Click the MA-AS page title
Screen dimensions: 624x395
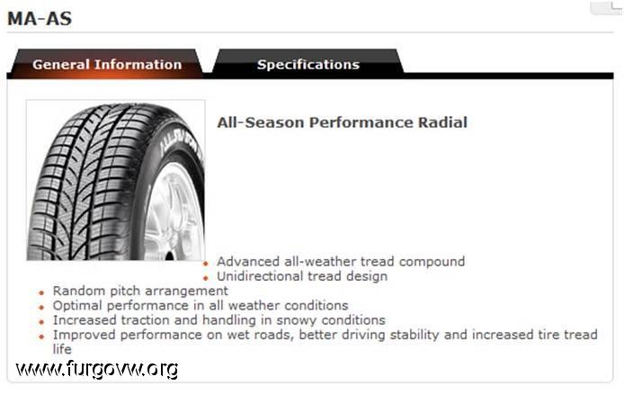coord(40,19)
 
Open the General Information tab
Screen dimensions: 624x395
coord(107,64)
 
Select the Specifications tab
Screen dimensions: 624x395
coord(308,64)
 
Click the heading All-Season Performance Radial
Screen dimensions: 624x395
coord(343,122)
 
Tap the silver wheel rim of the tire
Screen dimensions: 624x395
coord(175,211)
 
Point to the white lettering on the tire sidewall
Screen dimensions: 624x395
coord(181,145)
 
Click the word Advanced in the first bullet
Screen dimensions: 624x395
coord(248,262)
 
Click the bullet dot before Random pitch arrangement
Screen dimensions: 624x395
coord(41,293)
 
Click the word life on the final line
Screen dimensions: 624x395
coord(62,349)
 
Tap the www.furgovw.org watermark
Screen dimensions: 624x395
coord(97,369)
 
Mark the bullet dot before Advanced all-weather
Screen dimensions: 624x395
coord(206,264)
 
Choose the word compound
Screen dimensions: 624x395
coord(432,262)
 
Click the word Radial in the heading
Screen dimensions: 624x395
coord(442,122)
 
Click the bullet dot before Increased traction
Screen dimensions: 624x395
coord(41,322)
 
